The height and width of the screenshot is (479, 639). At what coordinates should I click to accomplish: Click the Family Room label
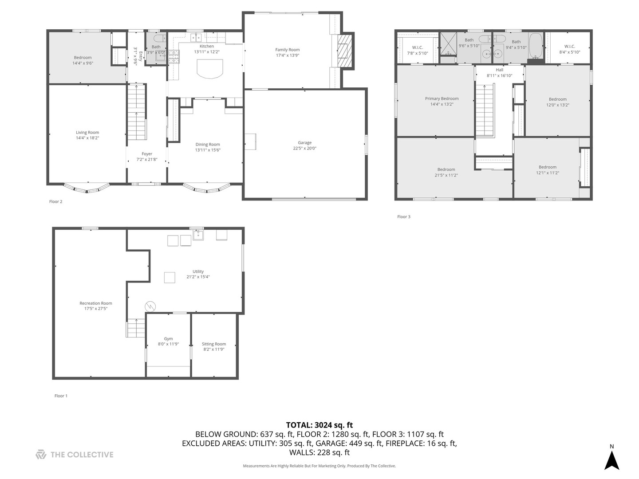click(287, 50)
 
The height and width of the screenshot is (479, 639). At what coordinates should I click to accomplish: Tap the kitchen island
click(209, 69)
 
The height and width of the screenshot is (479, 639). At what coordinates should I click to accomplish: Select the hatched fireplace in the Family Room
click(345, 51)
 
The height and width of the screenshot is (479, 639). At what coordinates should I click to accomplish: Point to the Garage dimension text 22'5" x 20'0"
click(304, 148)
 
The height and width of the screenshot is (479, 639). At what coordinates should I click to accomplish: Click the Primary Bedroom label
click(442, 98)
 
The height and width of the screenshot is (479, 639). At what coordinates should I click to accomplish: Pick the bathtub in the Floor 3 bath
click(535, 46)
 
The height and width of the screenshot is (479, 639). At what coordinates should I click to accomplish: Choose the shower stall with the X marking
click(448, 43)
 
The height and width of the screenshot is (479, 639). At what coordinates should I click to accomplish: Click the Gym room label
click(168, 338)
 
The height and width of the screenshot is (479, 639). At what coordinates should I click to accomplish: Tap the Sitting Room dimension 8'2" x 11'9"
click(214, 349)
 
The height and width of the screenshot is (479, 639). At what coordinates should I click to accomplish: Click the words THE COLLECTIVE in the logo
click(82, 455)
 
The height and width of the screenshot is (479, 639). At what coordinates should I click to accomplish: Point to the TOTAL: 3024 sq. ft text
click(319, 425)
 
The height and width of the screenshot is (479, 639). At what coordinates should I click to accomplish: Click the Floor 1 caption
click(61, 396)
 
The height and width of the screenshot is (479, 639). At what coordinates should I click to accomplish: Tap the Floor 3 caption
click(403, 217)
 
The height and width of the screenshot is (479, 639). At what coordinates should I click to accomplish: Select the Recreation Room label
click(96, 303)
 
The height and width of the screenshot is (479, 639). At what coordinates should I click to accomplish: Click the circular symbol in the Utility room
click(150, 306)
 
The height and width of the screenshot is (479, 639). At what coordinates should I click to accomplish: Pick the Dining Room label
click(208, 144)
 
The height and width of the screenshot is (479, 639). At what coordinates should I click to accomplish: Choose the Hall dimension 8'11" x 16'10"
click(499, 75)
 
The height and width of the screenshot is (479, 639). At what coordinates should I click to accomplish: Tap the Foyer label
click(147, 154)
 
